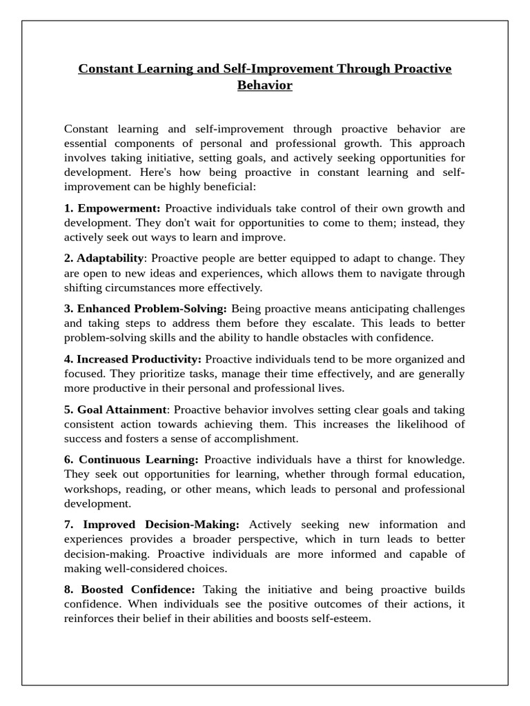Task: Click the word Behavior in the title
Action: [x=265, y=85]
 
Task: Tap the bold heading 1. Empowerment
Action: [x=112, y=208]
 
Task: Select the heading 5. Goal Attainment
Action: [x=116, y=410]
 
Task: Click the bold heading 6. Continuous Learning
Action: [x=132, y=460]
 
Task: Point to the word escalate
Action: [x=321, y=323]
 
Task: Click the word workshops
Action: [x=92, y=489]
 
